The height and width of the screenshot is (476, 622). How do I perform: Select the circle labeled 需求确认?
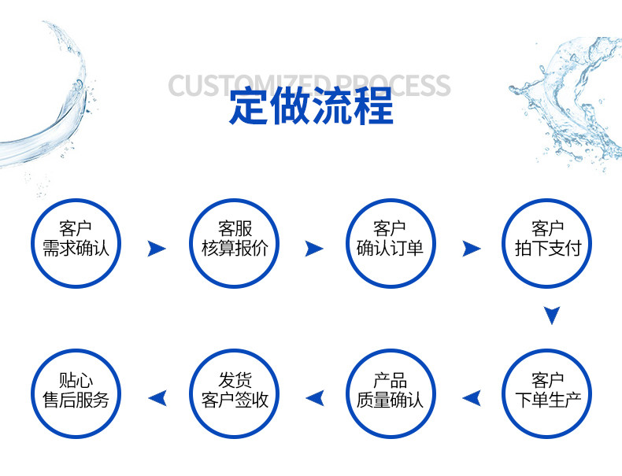(x=76, y=243)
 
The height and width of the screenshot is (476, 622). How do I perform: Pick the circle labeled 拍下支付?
(x=547, y=243)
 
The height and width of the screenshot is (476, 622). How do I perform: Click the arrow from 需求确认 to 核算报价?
(x=157, y=249)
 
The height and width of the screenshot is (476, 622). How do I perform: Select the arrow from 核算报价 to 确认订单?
(x=314, y=249)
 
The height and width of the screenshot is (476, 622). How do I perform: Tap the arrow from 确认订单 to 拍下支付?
(x=471, y=249)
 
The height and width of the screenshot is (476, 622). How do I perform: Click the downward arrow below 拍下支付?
(x=552, y=315)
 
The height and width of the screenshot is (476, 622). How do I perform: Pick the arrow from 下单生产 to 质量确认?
(x=471, y=398)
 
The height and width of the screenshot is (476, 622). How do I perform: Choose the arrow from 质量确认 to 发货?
(x=314, y=398)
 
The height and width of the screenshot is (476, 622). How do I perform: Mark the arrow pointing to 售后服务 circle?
(x=157, y=398)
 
